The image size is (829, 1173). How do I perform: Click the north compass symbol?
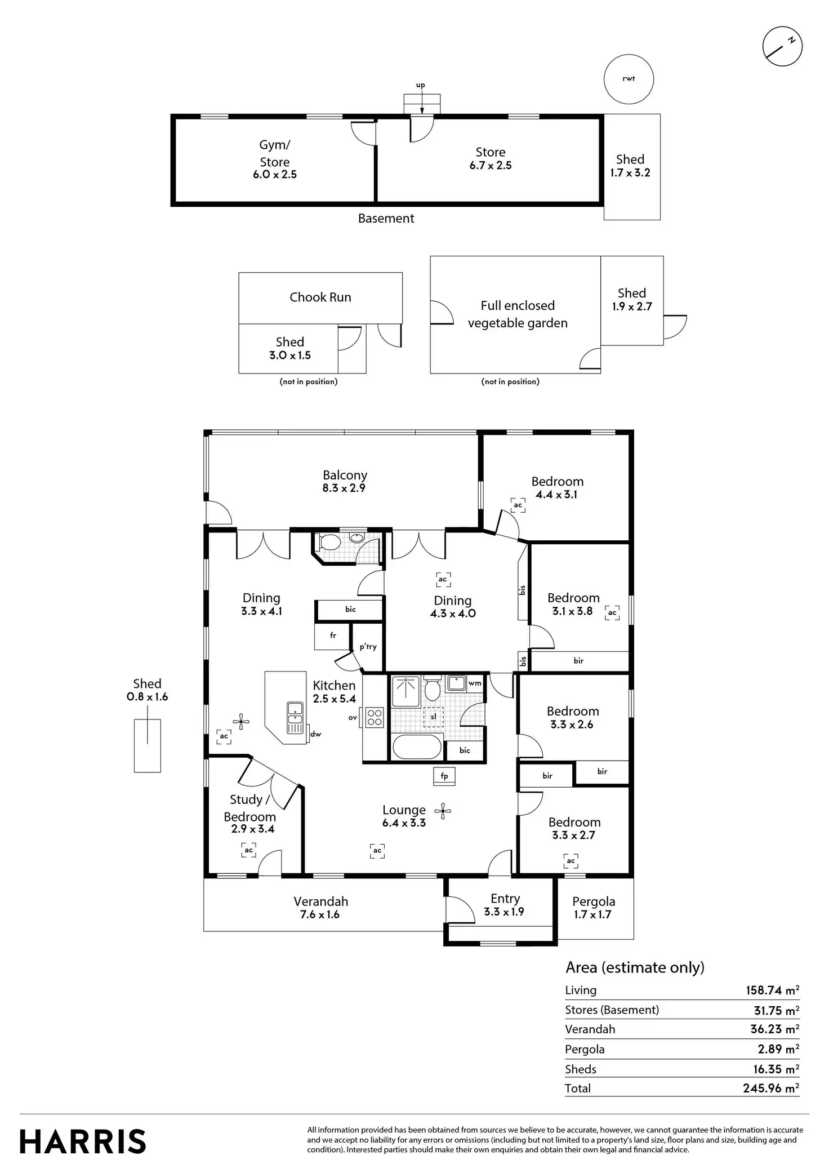coord(782,46)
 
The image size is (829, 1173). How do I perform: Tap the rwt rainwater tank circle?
coord(629,79)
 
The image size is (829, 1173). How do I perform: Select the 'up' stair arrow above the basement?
coord(421,100)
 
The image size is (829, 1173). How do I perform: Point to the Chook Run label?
coord(320,297)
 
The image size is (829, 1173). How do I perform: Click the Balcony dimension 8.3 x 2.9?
coord(344,488)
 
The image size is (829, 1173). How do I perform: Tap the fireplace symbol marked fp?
coord(444,776)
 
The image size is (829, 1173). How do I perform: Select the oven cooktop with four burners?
coord(375,717)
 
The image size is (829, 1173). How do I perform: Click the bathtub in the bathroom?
coord(417,748)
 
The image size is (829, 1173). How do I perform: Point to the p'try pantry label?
coord(368,647)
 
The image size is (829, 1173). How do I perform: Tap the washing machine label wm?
coord(475,683)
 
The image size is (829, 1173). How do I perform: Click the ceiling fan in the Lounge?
coord(443,811)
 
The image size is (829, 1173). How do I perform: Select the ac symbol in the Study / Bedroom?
coord(249,850)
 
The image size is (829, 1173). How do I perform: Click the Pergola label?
coord(594,901)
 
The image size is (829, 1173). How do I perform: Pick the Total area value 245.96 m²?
coord(770,1088)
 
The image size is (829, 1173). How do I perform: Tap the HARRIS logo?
coord(83,1142)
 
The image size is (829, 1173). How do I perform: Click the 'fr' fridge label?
coord(333,636)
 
